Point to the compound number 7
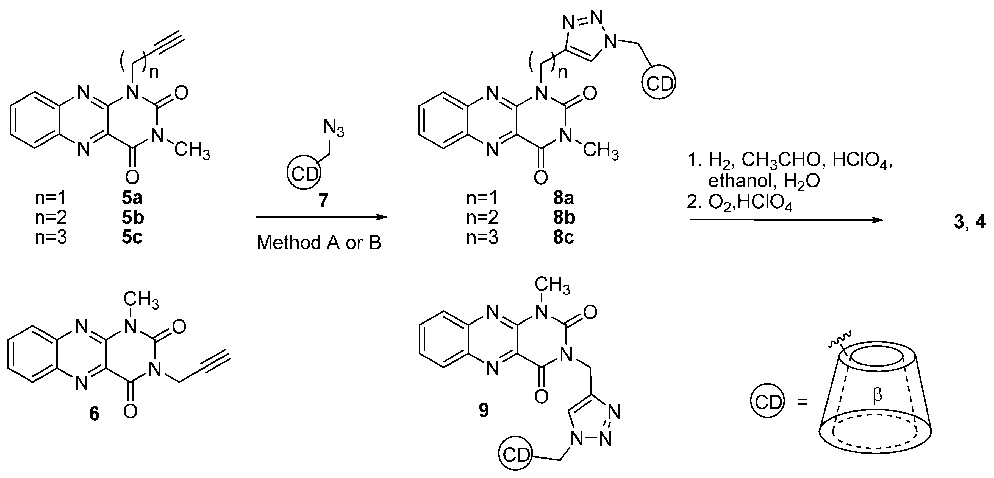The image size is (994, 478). [323, 201]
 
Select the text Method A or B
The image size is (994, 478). [319, 243]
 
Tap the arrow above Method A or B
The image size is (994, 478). [322, 218]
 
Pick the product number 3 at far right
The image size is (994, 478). [959, 223]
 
